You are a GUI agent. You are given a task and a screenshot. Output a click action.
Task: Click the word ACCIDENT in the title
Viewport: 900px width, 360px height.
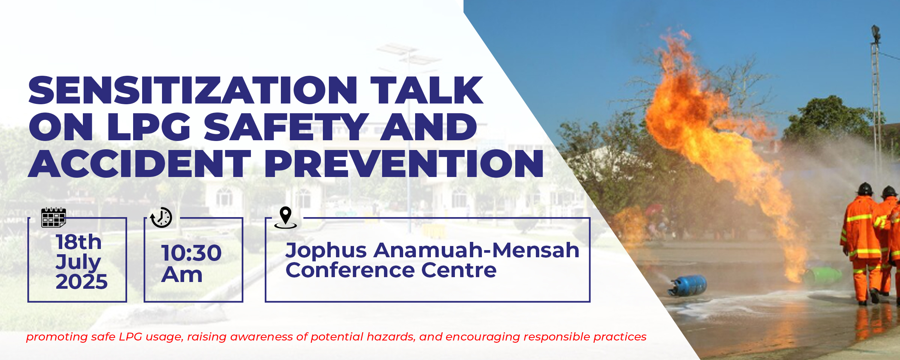click(139, 163)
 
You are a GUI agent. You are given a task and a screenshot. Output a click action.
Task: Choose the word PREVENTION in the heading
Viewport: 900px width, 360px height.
click(404, 163)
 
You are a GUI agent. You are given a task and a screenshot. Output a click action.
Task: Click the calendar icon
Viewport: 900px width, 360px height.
click(53, 217)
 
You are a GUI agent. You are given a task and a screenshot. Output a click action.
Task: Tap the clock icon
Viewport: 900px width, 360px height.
click(161, 217)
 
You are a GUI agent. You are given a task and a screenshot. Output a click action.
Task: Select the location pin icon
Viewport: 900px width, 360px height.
click(285, 217)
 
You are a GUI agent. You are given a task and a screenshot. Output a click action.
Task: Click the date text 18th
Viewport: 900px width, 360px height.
click(79, 242)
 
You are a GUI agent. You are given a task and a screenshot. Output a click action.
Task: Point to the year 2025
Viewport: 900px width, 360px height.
click(82, 281)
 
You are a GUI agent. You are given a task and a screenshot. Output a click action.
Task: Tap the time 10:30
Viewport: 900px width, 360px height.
click(192, 253)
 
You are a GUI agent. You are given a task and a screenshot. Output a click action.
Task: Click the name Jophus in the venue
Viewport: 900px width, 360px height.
click(326, 251)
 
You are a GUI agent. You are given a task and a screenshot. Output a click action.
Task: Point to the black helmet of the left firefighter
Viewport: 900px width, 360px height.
click(865, 189)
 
